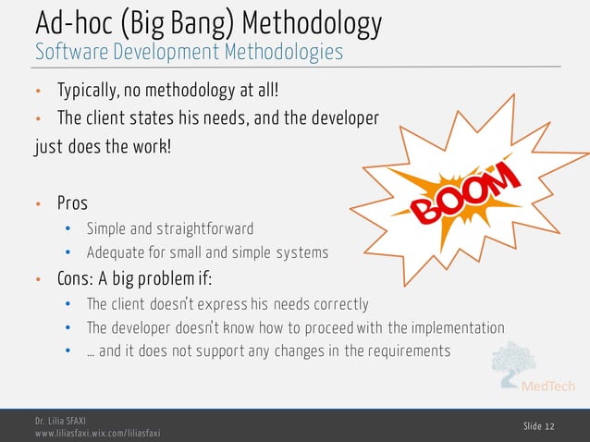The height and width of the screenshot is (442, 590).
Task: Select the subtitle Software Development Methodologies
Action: pos(189,52)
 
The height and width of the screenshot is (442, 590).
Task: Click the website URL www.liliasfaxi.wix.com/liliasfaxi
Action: pos(97,433)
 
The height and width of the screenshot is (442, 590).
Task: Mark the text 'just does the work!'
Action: pos(102,147)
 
